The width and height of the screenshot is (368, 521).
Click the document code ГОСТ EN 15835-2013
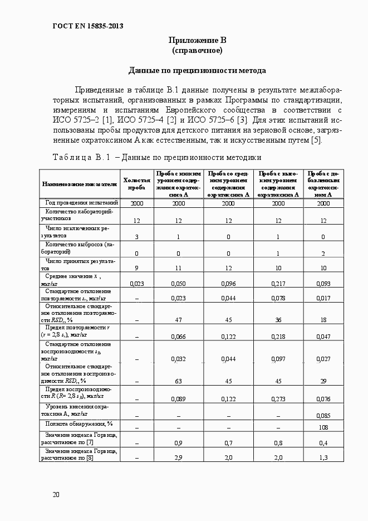(87, 26)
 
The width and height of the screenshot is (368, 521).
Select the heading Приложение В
(197, 40)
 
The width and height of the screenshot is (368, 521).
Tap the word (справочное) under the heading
(197, 51)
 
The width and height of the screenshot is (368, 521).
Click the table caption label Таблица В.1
(83, 157)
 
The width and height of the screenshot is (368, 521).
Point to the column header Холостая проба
(136, 184)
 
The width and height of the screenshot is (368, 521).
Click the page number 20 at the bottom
(56, 494)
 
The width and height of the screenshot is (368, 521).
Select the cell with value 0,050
(178, 284)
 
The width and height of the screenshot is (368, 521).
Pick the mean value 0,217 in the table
(278, 284)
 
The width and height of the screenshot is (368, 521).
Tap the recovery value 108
(323, 427)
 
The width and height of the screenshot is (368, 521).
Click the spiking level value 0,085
(323, 415)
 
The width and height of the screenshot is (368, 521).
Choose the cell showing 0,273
(278, 399)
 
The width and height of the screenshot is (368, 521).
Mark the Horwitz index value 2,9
(178, 457)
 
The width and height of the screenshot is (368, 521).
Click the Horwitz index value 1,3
(323, 457)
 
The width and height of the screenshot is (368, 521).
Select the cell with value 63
(178, 381)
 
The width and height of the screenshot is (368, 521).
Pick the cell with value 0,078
(278, 298)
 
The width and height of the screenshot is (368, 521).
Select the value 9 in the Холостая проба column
(136, 268)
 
